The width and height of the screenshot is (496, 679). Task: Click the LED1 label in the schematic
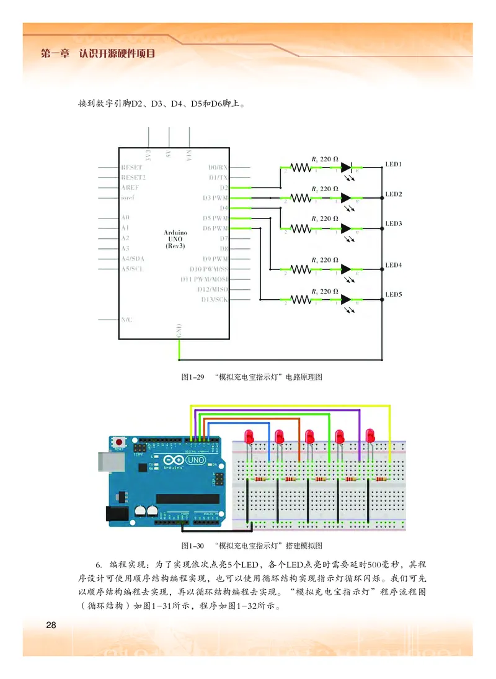click(394, 164)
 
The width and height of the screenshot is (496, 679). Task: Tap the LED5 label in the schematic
click(394, 294)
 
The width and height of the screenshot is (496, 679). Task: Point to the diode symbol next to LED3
click(346, 228)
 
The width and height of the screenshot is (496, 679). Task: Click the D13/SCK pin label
click(214, 300)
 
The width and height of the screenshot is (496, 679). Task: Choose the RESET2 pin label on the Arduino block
click(132, 178)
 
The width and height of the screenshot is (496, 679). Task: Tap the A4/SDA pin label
click(133, 258)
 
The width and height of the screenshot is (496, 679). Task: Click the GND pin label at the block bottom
click(179, 331)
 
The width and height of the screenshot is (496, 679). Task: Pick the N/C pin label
click(126, 319)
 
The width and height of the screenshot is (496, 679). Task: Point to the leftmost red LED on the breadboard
click(249, 436)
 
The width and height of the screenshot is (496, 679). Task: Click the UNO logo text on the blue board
click(195, 461)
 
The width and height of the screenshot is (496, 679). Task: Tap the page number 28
click(51, 624)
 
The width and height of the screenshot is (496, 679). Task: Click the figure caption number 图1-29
click(192, 377)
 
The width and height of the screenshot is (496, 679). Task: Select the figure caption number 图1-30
click(192, 546)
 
